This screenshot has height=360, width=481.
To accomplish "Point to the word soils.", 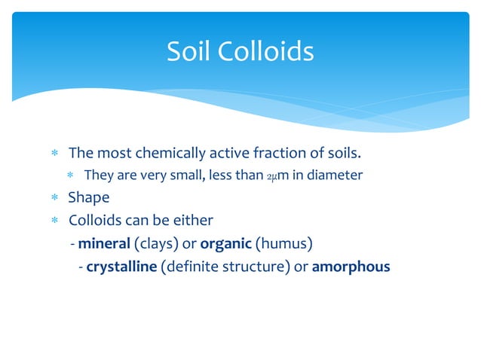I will tap(340, 154).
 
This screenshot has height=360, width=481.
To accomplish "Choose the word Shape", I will tap(89, 198).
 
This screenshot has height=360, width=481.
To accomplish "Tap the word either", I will tap(195, 221).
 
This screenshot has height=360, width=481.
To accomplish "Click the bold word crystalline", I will tap(121, 266).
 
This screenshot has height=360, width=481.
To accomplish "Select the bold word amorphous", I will tap(351, 266).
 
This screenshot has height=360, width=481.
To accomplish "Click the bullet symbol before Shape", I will tap(54, 199).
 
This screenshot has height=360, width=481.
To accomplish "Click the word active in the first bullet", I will tap(228, 154).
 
